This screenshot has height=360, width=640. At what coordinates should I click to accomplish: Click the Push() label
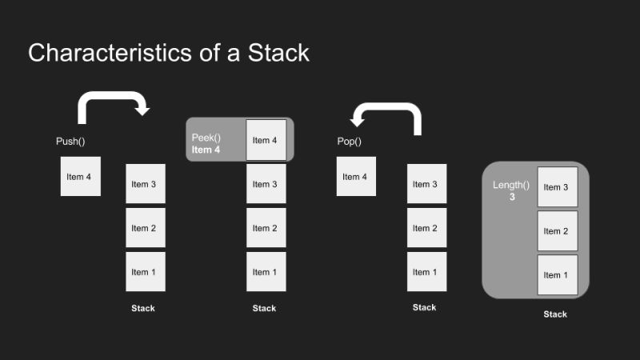click(x=70, y=142)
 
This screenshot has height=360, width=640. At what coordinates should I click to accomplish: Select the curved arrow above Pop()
click(x=390, y=113)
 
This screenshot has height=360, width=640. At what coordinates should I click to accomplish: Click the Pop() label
click(x=350, y=142)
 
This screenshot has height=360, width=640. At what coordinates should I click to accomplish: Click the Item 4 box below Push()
click(x=80, y=177)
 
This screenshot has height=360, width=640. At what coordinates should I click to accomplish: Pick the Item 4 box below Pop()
click(x=356, y=177)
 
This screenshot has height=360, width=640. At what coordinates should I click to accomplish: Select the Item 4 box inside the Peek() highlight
click(x=266, y=140)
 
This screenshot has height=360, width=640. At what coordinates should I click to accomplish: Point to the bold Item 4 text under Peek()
click(x=206, y=150)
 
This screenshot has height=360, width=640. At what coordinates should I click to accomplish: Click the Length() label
click(x=511, y=185)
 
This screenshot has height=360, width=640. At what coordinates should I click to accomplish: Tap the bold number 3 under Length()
click(x=512, y=197)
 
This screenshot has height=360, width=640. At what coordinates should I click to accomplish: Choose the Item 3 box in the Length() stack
click(x=557, y=187)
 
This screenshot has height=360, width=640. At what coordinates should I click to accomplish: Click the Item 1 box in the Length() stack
click(x=557, y=275)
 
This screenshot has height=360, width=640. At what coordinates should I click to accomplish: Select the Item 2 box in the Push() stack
click(x=145, y=229)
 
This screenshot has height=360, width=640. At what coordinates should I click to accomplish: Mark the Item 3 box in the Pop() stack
click(x=426, y=185)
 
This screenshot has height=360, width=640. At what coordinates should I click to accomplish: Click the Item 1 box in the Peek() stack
click(x=266, y=272)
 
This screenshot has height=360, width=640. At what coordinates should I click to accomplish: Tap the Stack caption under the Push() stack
click(x=143, y=308)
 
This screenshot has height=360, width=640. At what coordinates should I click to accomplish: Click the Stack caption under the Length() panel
click(x=555, y=314)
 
